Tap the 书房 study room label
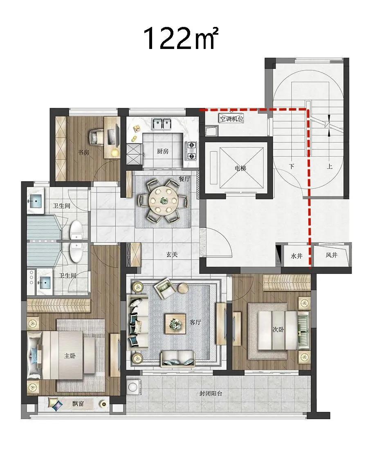point(83,152)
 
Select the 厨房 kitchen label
point(163,151)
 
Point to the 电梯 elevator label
point(240,168)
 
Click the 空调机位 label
point(231,118)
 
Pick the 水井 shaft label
point(296,255)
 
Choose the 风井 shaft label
point(331,255)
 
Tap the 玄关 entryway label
point(172,255)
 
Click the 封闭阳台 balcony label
point(211,393)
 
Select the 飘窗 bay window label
point(78,403)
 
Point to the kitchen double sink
point(162,124)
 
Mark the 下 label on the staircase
point(292,167)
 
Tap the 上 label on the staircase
point(330,167)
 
